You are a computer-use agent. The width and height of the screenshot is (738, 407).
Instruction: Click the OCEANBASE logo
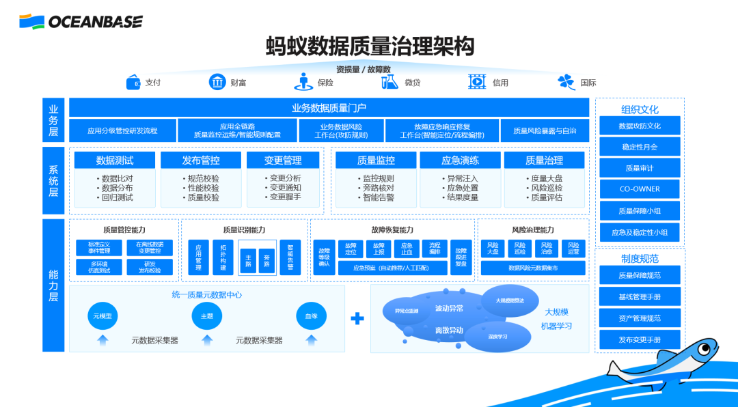point(81,22)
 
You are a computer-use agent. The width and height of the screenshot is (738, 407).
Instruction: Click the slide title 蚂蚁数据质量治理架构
point(370,46)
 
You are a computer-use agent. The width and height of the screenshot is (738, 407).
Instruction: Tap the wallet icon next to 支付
point(133,83)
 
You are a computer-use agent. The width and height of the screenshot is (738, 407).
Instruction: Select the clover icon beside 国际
point(566,82)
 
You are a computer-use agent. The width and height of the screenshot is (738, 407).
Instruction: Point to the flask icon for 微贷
point(389,82)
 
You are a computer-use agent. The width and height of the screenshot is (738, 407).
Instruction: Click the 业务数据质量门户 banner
point(329,107)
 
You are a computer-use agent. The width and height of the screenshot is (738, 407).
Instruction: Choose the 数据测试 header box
point(115,160)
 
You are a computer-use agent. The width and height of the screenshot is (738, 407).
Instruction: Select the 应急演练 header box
point(459,160)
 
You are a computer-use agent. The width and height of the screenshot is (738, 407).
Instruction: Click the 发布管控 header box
point(201,160)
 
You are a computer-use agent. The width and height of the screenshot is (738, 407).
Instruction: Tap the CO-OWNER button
point(640,189)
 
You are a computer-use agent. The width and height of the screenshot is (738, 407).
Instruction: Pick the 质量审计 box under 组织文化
point(640,168)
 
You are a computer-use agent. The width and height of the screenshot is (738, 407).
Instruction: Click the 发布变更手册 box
point(640,339)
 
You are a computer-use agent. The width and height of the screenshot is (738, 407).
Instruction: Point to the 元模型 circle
point(103,316)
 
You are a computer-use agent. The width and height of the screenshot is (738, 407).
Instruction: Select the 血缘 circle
point(311,316)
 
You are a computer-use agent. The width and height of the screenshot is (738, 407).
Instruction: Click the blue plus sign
point(357,318)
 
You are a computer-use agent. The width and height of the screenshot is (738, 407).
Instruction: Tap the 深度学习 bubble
point(497,336)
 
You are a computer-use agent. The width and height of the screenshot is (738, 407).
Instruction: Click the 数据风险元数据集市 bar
point(532,268)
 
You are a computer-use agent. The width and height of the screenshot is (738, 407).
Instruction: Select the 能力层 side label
point(53,285)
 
